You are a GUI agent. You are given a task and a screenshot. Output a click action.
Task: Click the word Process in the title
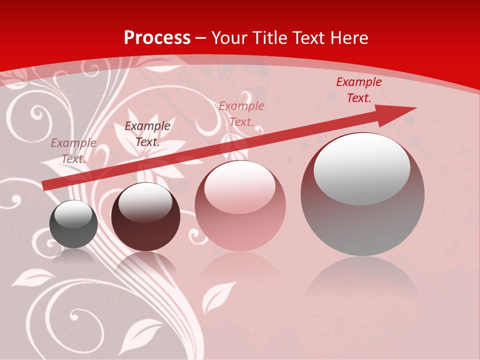[x=157, y=38]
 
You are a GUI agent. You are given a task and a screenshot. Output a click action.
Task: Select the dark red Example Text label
[x=358, y=90]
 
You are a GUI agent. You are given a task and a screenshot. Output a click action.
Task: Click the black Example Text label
[x=147, y=134]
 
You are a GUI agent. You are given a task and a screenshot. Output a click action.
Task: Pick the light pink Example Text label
[x=241, y=114]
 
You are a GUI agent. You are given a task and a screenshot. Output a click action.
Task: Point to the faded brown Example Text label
[x=73, y=150]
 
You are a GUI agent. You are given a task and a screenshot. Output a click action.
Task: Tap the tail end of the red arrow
[x=46, y=185]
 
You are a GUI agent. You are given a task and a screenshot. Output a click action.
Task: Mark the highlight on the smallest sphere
[x=73, y=214]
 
